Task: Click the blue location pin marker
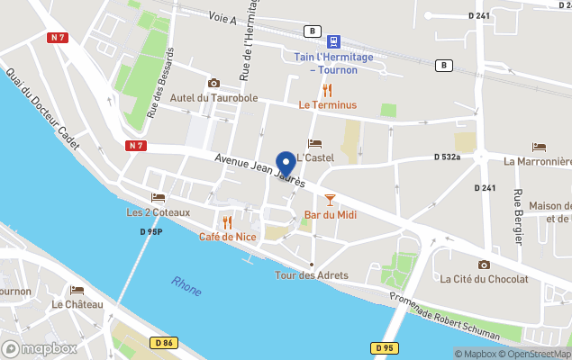point(286,164)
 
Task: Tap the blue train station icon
point(334,41)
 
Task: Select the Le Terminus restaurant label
point(328,105)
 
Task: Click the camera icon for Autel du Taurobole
point(213,83)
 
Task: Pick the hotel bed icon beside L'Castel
point(314,144)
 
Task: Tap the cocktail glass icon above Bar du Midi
point(330,199)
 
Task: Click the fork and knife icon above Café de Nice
point(228,221)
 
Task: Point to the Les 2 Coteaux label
point(159,212)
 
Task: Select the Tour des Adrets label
point(311,275)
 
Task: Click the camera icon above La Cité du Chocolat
point(485,265)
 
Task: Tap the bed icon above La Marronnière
point(539,147)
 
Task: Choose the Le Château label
point(77,304)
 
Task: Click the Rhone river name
point(187,285)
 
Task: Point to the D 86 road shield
point(163,342)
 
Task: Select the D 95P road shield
point(150,232)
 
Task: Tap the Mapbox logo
point(40,348)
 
